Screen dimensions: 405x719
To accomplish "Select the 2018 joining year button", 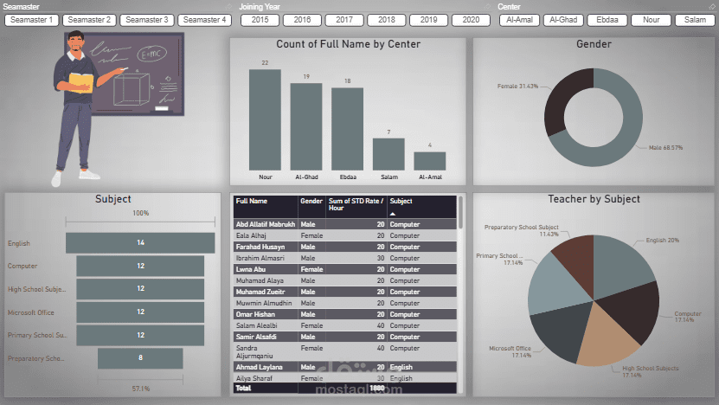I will coord(386,19).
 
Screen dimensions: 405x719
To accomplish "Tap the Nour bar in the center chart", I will coord(265,119).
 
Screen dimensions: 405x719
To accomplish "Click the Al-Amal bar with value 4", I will coord(429,161).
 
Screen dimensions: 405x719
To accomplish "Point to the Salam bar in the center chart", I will coord(388,154).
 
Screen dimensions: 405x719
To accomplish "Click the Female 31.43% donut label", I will coord(517,87).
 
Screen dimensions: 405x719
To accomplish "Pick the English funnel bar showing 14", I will coord(140,243).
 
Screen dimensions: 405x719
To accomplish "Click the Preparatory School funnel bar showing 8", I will coord(140,357).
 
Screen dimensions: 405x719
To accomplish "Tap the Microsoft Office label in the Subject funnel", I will coord(31,312).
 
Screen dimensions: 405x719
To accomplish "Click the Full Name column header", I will coord(253,201).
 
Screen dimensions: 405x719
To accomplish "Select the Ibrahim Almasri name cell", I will coord(260,258).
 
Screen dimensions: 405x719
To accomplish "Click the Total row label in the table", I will coord(244,389).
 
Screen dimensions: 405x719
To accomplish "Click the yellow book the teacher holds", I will coord(80,82).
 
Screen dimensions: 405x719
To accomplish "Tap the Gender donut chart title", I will coord(594,44).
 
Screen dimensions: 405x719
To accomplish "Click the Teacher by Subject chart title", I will coord(594,199).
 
